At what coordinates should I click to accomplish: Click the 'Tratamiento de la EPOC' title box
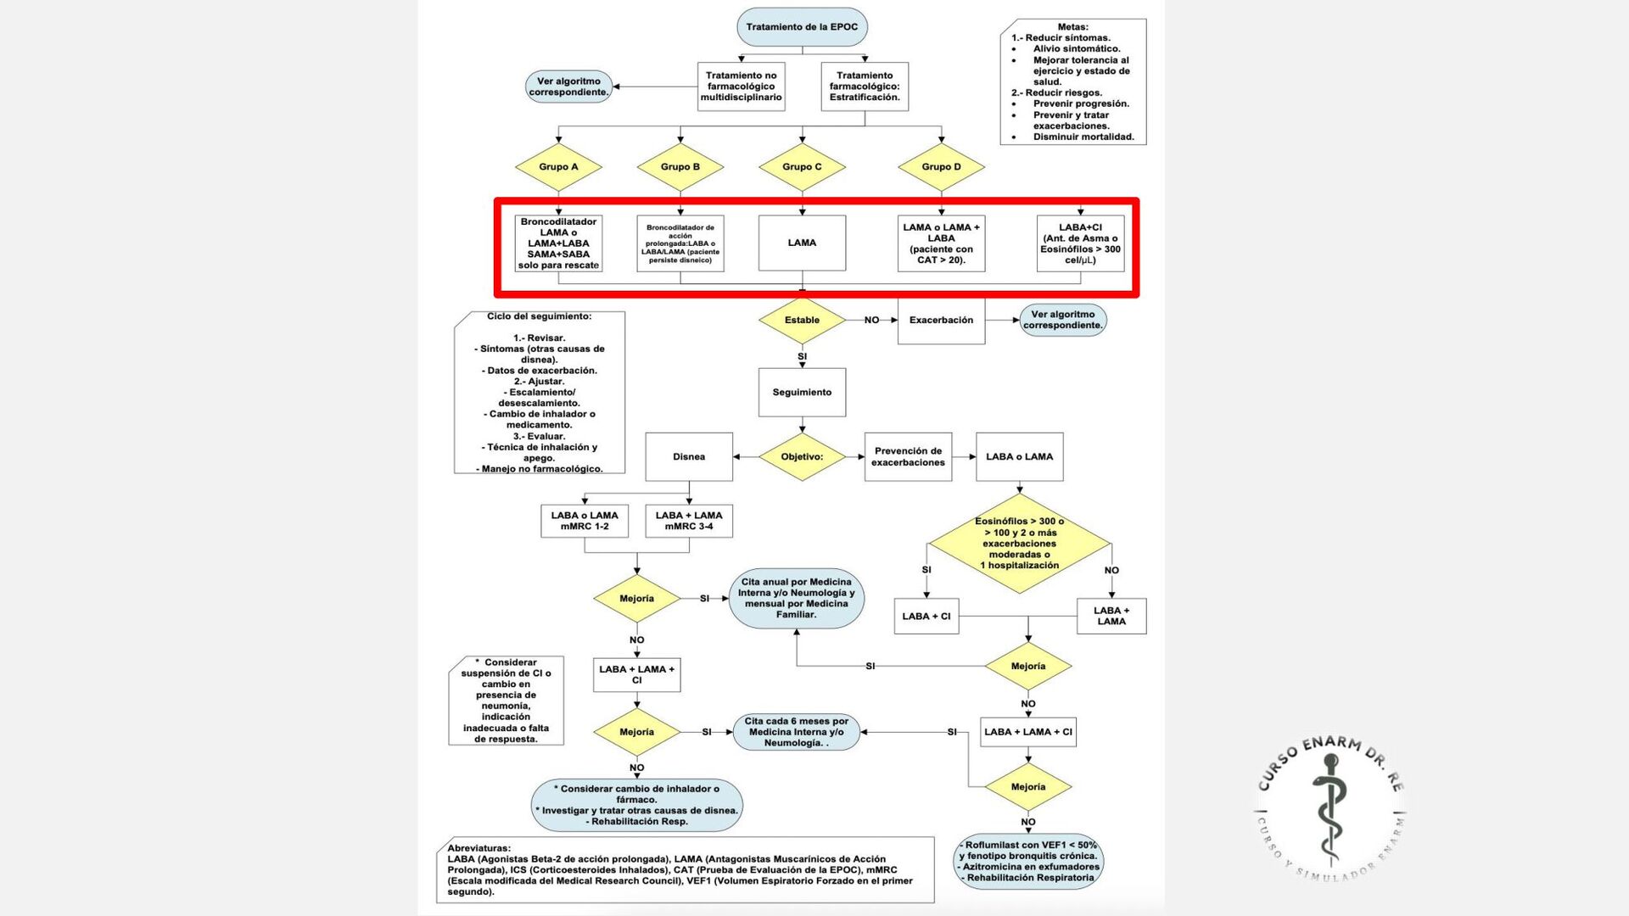pyautogui.click(x=802, y=27)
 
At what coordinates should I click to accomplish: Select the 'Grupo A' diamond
pyautogui.click(x=558, y=167)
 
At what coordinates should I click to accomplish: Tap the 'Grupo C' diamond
pyautogui.click(x=802, y=167)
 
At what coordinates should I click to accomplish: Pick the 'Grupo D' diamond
pyautogui.click(x=941, y=167)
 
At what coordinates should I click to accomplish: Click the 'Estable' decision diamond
pyautogui.click(x=802, y=321)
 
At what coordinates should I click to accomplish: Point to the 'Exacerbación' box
pyautogui.click(x=941, y=321)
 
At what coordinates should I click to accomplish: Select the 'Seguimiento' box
pyautogui.click(x=802, y=393)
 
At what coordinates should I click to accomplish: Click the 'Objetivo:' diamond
pyautogui.click(x=802, y=457)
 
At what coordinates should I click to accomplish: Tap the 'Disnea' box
pyautogui.click(x=688, y=457)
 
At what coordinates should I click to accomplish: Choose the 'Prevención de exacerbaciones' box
pyautogui.click(x=908, y=457)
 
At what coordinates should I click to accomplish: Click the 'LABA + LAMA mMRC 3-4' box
pyautogui.click(x=688, y=521)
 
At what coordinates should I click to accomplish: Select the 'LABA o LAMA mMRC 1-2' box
pyautogui.click(x=585, y=521)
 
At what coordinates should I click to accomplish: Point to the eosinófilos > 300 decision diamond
pyautogui.click(x=1019, y=544)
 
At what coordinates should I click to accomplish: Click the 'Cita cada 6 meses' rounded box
pyautogui.click(x=796, y=732)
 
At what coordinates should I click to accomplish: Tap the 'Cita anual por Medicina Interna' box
pyautogui.click(x=796, y=598)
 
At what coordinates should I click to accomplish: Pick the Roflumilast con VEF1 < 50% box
pyautogui.click(x=1029, y=861)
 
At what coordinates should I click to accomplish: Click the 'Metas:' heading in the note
pyautogui.click(x=1072, y=27)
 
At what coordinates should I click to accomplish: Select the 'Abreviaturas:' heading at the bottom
pyautogui.click(x=479, y=848)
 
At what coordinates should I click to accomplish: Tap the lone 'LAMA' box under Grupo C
pyautogui.click(x=802, y=243)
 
